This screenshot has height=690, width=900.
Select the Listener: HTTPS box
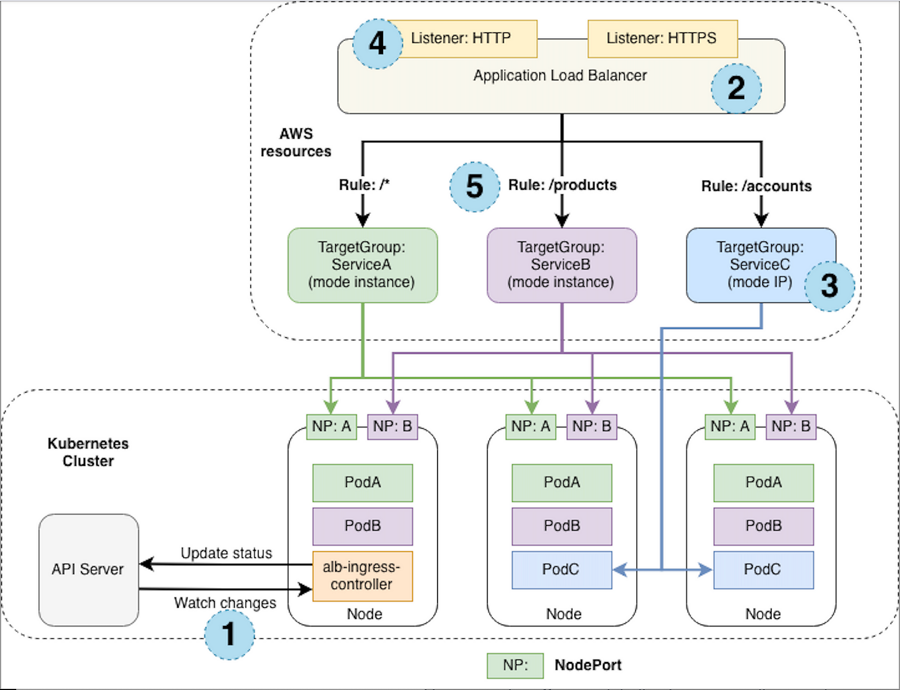pos(662,38)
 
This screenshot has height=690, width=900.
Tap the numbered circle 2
pos(736,88)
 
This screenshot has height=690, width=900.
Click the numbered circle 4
pos(377,43)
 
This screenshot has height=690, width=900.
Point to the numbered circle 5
pos(474,187)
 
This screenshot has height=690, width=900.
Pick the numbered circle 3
pos(829,286)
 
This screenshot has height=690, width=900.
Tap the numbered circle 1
pos(229,634)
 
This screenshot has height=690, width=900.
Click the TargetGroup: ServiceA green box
pos(362,265)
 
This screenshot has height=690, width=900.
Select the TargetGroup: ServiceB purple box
pos(561,265)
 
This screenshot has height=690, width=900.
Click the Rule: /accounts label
pos(756,186)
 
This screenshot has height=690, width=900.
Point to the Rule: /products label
pos(562,185)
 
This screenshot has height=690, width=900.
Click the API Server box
pos(88,569)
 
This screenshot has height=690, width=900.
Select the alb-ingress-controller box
pos(362,576)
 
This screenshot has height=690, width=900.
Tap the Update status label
pos(226,553)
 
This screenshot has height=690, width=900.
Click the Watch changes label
pos(225,603)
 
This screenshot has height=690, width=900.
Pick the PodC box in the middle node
pos(561,569)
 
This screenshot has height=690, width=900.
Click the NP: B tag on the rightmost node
pos(791,426)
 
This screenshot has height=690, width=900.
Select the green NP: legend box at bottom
pos(515,665)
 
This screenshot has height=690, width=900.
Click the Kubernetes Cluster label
pos(88,452)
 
